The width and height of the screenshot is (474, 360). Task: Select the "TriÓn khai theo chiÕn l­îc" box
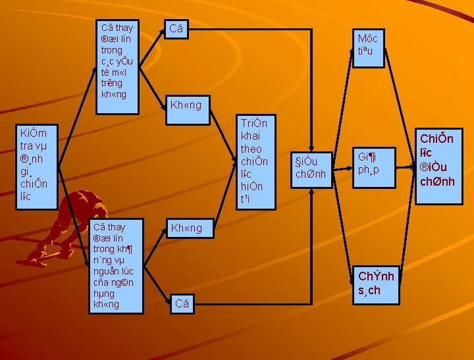pos(253,163)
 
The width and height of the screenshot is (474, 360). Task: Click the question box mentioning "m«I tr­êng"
pos(118,63)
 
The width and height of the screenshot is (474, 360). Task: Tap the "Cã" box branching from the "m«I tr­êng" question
pos(178,29)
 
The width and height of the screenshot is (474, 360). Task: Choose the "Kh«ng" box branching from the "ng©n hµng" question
pos(187,228)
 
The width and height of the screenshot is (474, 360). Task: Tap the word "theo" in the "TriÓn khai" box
pos(251,149)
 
